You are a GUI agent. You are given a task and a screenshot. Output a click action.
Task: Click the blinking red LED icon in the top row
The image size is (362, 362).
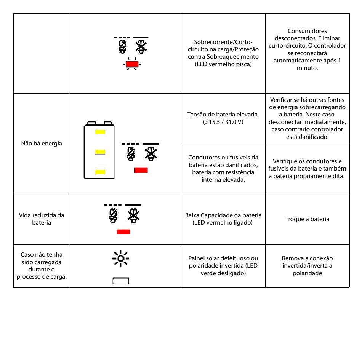coord(132,64)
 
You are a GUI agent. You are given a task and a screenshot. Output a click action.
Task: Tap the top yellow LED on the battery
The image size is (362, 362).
coord(100,132)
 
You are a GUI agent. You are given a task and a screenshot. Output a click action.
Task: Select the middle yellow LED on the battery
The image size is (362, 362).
coord(100,152)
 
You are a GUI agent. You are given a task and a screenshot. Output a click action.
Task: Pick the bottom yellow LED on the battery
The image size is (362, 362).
coord(100,172)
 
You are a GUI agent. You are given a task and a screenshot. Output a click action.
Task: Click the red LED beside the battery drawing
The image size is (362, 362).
coord(141,170)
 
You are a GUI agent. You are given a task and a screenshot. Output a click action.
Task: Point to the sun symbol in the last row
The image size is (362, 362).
coord(120,258)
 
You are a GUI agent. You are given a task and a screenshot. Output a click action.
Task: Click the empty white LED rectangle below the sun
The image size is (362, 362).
coord(120,281)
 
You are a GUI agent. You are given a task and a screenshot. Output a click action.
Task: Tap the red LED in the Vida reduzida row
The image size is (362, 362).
coord(123,232)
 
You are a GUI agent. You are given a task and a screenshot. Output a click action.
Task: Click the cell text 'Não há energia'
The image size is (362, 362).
coord(42,144)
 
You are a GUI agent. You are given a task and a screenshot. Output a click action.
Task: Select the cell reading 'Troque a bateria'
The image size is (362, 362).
coord(307,219)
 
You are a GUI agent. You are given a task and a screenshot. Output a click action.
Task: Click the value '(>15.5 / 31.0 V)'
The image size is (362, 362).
coord(223,122)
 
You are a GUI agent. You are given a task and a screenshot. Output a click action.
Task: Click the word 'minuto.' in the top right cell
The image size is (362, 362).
coord(307,68)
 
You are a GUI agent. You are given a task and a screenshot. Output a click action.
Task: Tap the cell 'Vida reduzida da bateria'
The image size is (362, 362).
coord(42,219)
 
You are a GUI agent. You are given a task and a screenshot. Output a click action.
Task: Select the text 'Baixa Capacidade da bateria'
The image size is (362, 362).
coord(223,215)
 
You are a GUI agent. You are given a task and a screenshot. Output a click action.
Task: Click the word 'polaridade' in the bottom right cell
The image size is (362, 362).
coord(307,273)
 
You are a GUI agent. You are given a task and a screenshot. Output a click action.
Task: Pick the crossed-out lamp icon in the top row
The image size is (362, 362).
coord(141,47)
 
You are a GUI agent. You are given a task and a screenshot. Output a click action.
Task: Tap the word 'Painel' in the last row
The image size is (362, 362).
coord(196,258)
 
